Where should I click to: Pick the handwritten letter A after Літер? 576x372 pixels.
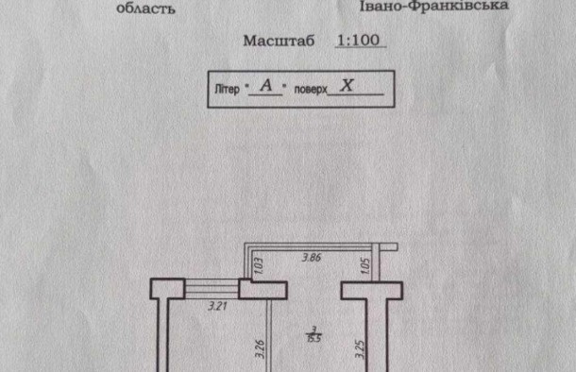pos(267,85)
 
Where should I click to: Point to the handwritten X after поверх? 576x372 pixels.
pos(348,84)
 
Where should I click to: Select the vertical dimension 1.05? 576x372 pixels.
pos(364,266)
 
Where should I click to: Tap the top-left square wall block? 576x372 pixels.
pos(167,289)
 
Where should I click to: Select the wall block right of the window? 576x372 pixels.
pos(257,290)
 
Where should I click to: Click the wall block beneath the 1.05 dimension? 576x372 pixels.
pos(365,290)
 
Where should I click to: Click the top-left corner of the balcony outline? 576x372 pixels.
pos(249,244)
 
